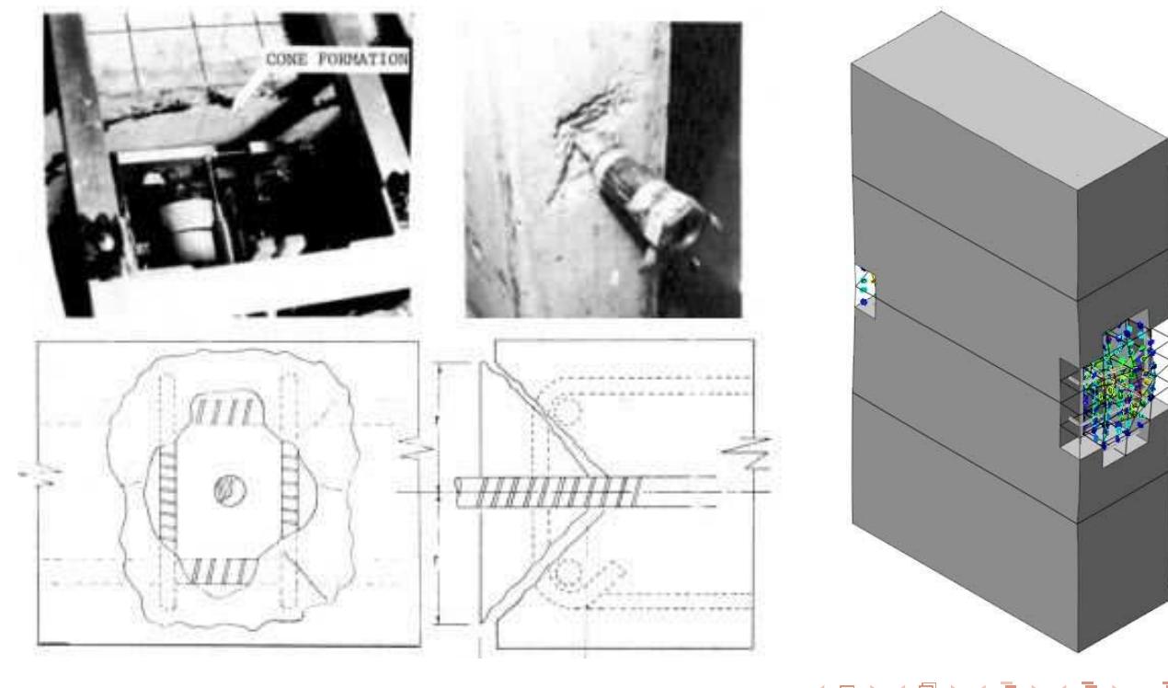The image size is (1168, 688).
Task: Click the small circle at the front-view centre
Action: pos(224,489)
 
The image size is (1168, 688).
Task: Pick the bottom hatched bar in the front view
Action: pos(224,569)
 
